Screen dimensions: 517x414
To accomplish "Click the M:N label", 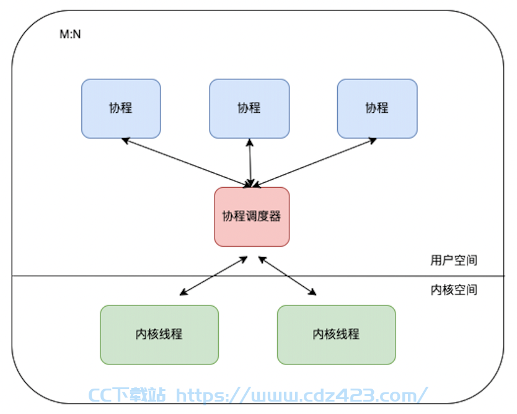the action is coord(70,34).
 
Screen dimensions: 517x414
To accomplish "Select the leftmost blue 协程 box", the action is coord(121,108).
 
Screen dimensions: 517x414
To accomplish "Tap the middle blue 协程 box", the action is coord(249,108).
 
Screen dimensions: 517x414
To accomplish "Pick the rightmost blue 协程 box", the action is coord(377,108).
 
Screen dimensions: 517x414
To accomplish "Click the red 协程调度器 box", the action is coord(252,216).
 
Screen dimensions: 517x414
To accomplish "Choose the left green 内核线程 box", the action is coord(159,335).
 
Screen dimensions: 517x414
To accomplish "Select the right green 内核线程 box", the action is coord(337,335).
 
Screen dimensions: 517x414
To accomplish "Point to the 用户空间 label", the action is coord(454,260).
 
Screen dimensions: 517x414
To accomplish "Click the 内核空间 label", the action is coord(454,289).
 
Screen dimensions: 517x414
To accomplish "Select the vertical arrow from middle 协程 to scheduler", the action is coord(250,163).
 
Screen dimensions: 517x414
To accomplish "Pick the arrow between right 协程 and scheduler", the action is coord(314,162).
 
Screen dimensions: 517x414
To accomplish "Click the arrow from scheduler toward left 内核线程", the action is coord(213,276).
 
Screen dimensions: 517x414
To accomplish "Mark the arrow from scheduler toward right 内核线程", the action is coord(287,276).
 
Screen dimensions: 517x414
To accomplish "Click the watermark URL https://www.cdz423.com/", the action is coord(302,395).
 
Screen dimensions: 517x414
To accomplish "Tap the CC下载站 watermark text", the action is coord(127,395).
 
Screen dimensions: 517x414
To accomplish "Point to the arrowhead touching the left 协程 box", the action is coord(126,141).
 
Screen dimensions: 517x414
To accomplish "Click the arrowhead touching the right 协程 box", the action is coord(373,141).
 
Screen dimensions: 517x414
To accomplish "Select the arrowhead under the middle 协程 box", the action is coord(250,143).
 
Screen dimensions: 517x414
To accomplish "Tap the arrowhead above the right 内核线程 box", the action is coord(312,292).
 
